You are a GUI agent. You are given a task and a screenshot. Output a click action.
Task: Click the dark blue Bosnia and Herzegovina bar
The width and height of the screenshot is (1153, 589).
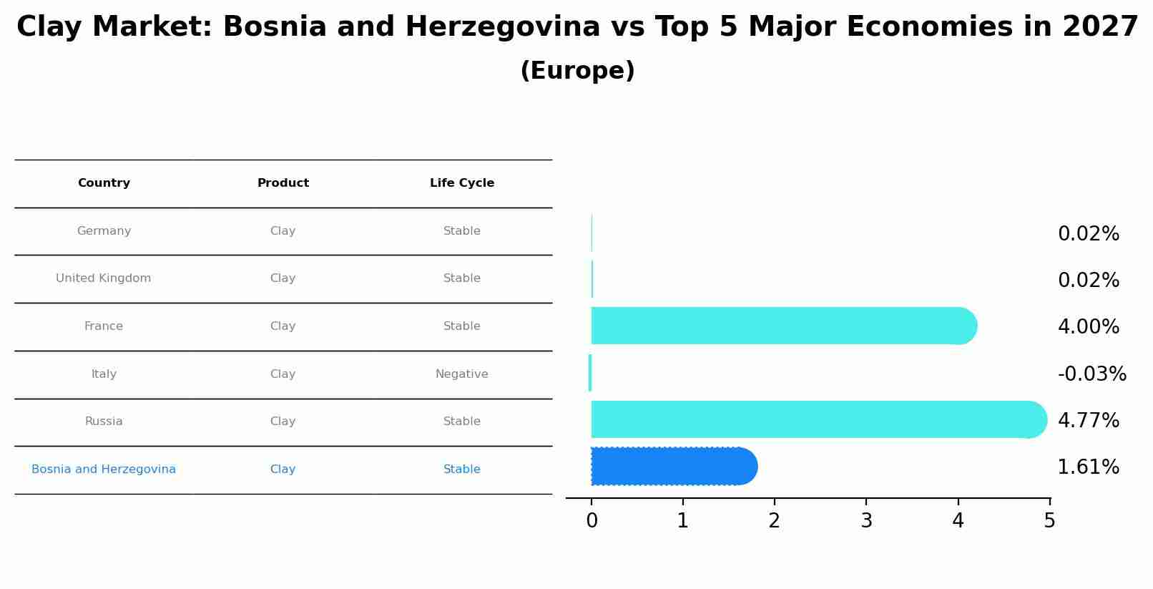[x=672, y=467]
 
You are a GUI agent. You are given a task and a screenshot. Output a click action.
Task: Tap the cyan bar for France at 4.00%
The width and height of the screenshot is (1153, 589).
[x=780, y=326]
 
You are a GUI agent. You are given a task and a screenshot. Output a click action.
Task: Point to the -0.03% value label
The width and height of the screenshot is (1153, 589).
[x=1091, y=374]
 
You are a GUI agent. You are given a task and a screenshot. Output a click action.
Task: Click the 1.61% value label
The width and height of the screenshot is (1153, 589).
[x=1088, y=467]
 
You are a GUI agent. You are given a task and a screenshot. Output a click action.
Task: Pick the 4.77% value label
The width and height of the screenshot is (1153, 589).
[x=1088, y=421]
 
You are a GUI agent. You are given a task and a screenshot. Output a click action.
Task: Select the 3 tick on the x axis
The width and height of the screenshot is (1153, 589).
[x=866, y=521]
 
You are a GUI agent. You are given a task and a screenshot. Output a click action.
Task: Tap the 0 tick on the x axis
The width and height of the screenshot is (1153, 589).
[x=592, y=521]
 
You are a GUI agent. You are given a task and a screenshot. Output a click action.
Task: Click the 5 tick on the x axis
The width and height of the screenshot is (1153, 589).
[x=1049, y=521]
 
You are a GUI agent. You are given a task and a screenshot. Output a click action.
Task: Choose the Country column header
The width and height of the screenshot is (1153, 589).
[x=104, y=183]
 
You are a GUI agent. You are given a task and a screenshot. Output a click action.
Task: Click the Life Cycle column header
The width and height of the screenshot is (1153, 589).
[x=462, y=183]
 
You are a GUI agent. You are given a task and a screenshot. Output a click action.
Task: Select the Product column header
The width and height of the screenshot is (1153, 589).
[x=283, y=183]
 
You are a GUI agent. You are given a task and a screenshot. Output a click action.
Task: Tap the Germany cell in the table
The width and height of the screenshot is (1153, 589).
[x=104, y=231]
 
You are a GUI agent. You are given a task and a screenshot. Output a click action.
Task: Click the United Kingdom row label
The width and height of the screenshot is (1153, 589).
[x=104, y=278]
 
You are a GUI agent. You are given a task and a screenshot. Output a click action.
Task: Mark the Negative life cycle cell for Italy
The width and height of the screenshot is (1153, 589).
[x=462, y=374]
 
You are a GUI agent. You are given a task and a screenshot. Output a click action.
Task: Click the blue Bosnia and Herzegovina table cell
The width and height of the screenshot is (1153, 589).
[x=104, y=469]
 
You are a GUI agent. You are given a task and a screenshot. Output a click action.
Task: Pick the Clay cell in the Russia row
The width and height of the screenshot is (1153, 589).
[x=283, y=422]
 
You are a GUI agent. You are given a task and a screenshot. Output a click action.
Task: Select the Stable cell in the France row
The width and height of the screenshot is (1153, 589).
[x=462, y=326]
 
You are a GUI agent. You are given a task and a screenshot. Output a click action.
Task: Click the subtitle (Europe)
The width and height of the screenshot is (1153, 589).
[x=577, y=71]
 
